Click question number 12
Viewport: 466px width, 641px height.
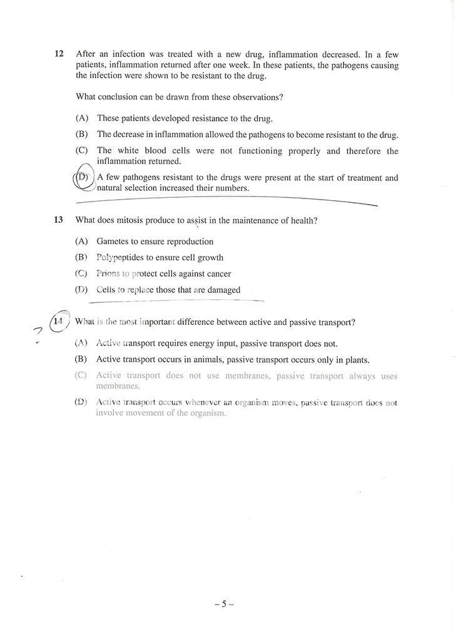[59, 54]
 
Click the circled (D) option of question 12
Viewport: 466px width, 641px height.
[82, 178]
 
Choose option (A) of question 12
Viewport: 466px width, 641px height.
[82, 118]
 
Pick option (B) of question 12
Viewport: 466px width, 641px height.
[82, 135]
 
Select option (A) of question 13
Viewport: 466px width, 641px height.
[81, 242]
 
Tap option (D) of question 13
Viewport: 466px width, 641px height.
[81, 290]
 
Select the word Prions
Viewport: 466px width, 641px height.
[108, 274]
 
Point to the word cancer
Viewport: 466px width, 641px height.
[219, 274]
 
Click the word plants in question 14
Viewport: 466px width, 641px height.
[357, 360]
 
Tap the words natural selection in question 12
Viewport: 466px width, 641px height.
[131, 188]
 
